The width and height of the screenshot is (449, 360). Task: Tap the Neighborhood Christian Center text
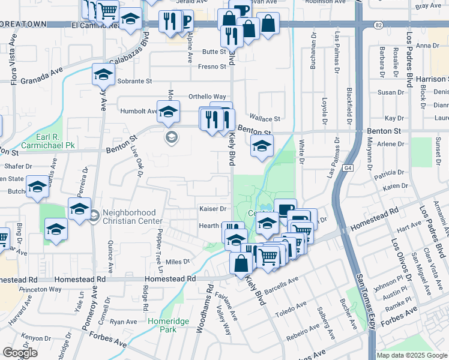pyautogui.click(x=129, y=218)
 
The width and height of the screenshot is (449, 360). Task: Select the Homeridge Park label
pyautogui.click(x=169, y=326)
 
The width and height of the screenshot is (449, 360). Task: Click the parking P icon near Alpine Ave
pyautogui.click(x=186, y=22)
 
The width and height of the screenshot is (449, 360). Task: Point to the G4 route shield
pyautogui.click(x=349, y=169)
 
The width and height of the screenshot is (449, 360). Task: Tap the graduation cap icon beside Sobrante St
pyautogui.click(x=103, y=76)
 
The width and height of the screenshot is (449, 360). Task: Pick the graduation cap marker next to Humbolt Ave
pyautogui.click(x=168, y=112)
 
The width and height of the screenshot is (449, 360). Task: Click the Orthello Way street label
pyautogui.click(x=207, y=97)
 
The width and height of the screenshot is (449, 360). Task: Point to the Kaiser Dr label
pyautogui.click(x=213, y=209)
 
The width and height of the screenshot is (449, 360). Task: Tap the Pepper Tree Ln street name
pyautogui.click(x=160, y=245)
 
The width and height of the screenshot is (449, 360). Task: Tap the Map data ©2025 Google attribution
pyautogui.click(x=412, y=355)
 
